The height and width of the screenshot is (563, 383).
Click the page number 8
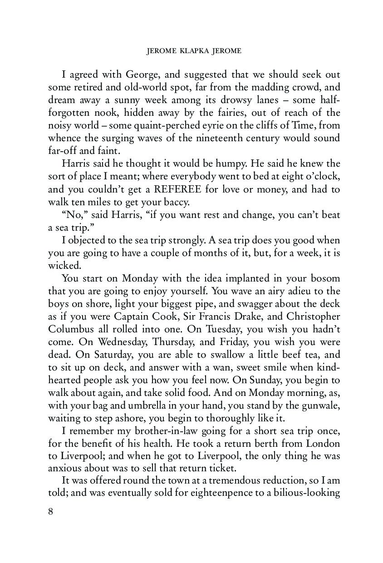tap(51, 511)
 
